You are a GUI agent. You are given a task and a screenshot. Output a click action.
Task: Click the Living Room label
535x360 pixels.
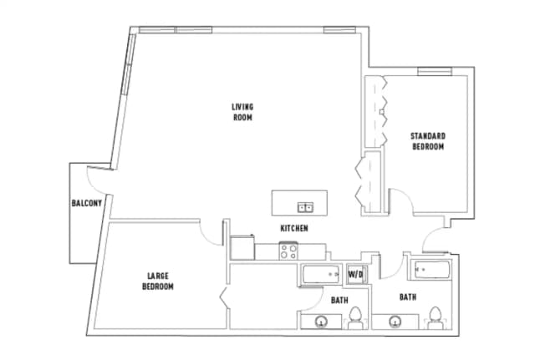click(242, 112)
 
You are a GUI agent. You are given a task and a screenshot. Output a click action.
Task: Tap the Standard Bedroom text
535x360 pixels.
click(428, 140)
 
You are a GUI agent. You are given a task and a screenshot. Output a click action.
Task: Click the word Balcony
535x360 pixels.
click(87, 204)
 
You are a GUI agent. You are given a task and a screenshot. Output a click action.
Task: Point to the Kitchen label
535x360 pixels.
click(294, 228)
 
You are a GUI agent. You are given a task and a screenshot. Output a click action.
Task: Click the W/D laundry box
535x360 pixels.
click(356, 273)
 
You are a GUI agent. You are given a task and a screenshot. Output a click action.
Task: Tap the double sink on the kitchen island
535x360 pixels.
click(305, 206)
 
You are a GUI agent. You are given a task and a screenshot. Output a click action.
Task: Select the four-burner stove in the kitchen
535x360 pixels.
click(289, 250)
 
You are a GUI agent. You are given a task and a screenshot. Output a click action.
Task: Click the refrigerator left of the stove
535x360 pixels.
click(242, 247)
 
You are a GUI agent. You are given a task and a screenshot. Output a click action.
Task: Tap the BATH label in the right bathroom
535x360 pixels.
click(407, 297)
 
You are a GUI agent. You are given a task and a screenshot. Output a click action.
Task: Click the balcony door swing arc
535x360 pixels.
click(97, 182)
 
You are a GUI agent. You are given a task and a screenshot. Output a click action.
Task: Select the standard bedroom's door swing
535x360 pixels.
click(400, 200)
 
